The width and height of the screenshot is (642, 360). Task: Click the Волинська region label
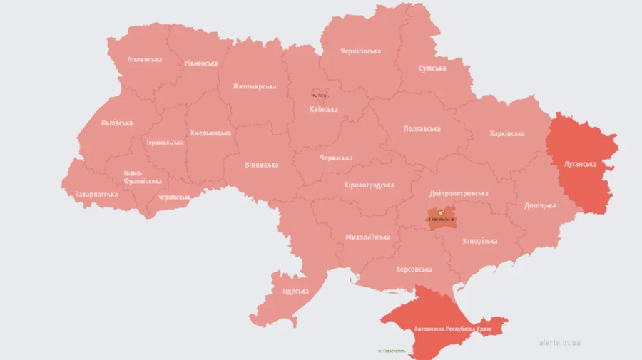(x=144, y=59)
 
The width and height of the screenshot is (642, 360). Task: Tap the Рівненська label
(x=200, y=63)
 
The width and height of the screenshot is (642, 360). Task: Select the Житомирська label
(x=254, y=86)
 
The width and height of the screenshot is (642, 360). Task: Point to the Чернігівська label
(x=360, y=51)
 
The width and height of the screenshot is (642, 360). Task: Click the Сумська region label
(x=432, y=68)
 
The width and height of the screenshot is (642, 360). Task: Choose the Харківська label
(x=507, y=133)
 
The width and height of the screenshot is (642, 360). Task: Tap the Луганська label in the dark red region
(x=580, y=164)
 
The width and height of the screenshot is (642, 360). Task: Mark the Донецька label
(x=540, y=205)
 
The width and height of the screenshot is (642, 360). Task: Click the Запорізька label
(x=479, y=241)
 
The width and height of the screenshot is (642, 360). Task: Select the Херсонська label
(x=414, y=269)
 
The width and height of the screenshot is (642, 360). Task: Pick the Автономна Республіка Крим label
(x=452, y=329)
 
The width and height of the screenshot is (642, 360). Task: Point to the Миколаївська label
(x=367, y=237)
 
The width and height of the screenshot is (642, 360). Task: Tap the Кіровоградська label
(x=369, y=185)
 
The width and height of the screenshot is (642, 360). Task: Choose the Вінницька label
(x=261, y=165)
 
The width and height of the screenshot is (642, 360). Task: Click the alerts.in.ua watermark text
(x=559, y=342)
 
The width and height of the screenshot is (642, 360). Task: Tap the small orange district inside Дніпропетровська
(x=441, y=215)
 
